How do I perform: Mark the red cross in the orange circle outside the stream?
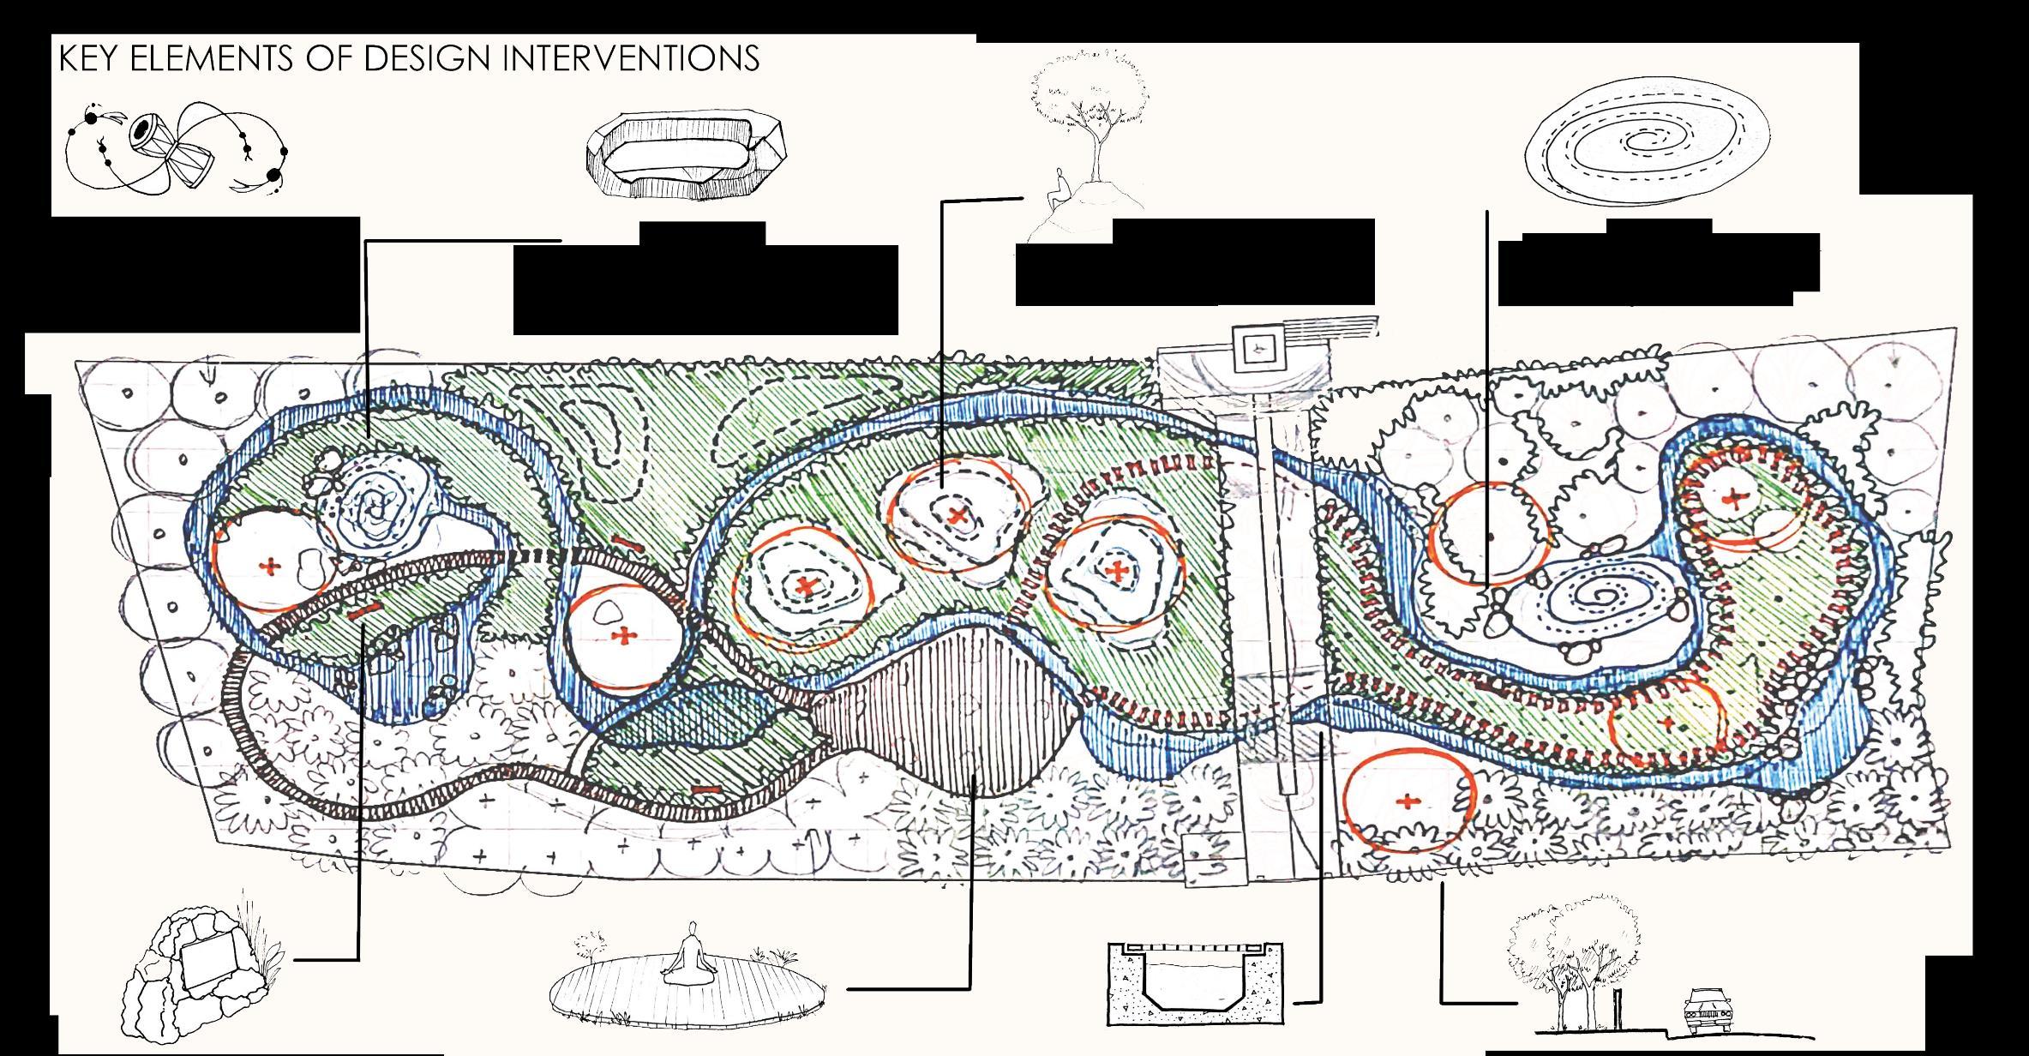point(1407,801)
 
